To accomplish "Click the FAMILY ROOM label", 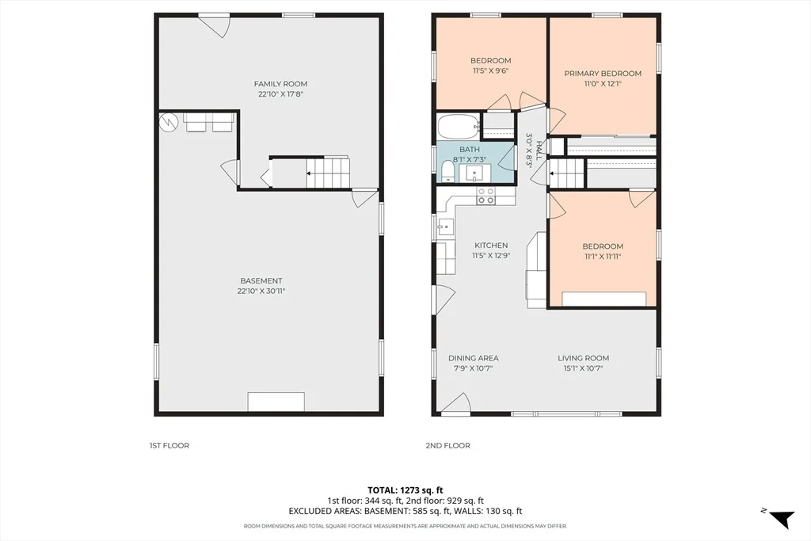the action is coord(280,84).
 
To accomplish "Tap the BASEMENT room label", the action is coord(261,281).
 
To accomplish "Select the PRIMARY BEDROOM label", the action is coord(603,74).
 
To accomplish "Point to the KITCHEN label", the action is coord(491,246).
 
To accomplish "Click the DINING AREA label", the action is coord(474,358).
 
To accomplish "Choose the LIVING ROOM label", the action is coord(584,358).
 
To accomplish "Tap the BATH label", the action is coord(470,150).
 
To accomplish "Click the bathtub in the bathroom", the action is coord(459,127).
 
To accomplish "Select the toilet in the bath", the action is coord(447,171).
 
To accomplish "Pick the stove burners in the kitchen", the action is coord(485,195).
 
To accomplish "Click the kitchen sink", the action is coord(445,227).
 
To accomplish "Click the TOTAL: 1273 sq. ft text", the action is coord(405,490).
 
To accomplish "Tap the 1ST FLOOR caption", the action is coord(169,445).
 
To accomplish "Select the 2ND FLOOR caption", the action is coord(448,445).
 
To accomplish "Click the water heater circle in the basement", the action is coord(169,122).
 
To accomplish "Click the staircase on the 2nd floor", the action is coord(567,173).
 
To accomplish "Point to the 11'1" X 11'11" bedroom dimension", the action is coord(603,257).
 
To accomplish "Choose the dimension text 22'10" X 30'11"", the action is coord(261,291).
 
